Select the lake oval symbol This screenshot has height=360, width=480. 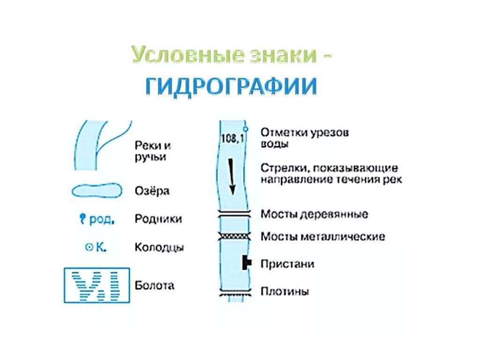97,191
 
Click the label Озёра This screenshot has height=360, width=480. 152,191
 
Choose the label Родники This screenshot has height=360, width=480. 158,219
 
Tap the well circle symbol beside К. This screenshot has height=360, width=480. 88,247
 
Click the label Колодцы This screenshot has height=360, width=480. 159,247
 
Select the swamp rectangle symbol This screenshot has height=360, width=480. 97,285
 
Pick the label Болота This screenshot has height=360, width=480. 154,285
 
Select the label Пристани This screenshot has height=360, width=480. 287,264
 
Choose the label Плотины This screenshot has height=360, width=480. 285,292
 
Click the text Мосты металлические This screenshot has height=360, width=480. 323,236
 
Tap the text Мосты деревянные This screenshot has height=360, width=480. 315,214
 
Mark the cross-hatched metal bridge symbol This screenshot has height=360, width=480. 233,236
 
